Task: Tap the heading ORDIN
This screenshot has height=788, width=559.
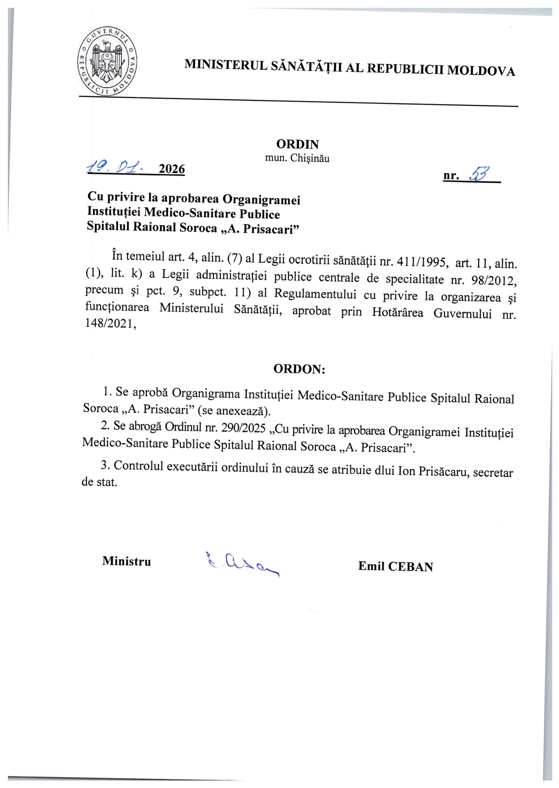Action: coord(297,144)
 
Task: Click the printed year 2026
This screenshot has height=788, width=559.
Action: coord(172,169)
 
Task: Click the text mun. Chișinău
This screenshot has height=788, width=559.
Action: coord(297,158)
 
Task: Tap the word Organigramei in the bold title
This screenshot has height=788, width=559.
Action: coord(261,199)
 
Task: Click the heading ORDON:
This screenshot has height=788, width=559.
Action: coord(299,369)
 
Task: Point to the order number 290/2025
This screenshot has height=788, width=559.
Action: coord(244,428)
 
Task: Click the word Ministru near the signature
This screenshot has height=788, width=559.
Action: coord(127,561)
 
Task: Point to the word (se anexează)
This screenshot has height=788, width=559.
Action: coord(234,410)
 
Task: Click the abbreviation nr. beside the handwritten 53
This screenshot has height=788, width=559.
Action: coord(451,176)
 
